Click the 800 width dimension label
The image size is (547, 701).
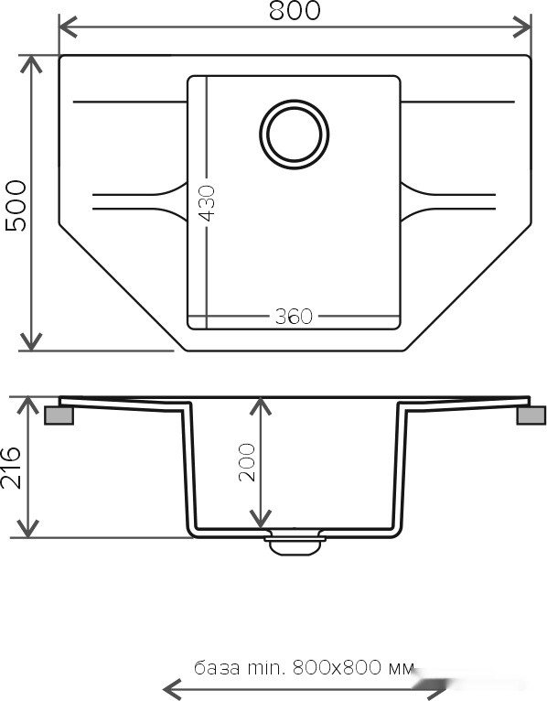point(295,10)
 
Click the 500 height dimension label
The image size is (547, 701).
point(16,205)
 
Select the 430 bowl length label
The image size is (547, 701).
point(207,203)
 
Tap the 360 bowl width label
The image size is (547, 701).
point(294,317)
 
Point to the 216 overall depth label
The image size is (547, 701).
point(11,468)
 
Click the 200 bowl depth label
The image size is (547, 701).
point(247,462)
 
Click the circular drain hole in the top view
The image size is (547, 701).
point(294,135)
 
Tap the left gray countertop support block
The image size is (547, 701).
point(59,415)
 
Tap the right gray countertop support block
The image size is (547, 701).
point(531,415)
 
